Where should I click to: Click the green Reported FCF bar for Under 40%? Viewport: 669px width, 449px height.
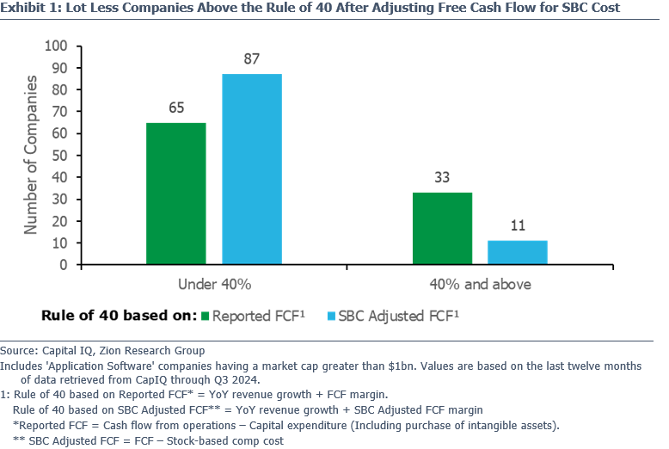[176, 194]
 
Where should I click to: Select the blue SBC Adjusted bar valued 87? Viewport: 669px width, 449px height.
[252, 169]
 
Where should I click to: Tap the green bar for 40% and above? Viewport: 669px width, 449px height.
[442, 228]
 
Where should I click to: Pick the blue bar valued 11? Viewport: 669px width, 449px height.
[518, 252]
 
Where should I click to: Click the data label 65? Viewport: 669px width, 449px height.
[176, 108]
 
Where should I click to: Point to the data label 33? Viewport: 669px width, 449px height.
[442, 178]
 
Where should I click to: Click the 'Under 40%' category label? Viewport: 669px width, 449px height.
[214, 284]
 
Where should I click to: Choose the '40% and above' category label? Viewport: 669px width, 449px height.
[480, 284]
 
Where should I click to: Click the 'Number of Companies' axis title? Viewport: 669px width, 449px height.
[32, 155]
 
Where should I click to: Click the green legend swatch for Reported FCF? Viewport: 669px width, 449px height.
[206, 315]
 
